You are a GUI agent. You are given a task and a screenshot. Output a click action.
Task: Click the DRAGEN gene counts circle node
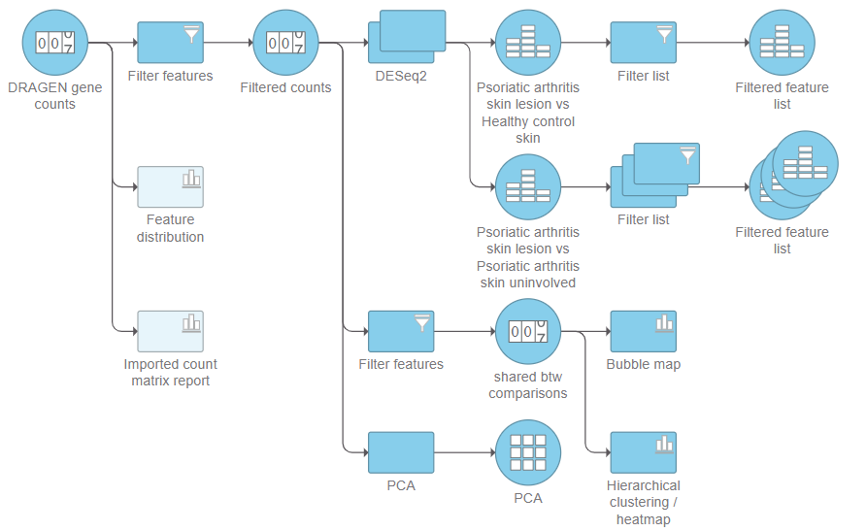coord(54,43)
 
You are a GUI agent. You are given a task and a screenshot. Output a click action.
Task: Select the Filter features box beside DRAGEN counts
coord(170,43)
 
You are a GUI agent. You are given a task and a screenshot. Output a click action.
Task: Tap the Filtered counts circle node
coord(285,43)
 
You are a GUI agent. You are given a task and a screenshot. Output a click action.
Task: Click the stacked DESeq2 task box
coord(407,43)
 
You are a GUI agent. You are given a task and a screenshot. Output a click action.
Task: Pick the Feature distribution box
coord(170,187)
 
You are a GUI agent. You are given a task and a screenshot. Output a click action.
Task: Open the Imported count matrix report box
coord(170,331)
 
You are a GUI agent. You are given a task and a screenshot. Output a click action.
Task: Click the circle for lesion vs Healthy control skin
coord(528,43)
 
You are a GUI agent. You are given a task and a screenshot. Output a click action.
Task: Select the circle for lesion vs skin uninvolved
coord(528,187)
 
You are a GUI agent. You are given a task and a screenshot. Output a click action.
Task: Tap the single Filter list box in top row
coord(643,43)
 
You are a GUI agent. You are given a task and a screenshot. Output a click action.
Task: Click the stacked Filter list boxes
coord(654,176)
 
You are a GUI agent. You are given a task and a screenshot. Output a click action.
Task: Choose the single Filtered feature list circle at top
coord(783,43)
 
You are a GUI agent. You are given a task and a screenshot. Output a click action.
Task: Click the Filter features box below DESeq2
coord(401,331)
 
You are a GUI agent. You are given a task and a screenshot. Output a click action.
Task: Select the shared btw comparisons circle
coord(528,331)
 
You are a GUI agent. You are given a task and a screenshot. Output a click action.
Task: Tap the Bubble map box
coord(643,331)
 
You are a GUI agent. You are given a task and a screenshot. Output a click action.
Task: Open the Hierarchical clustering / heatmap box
coord(643,452)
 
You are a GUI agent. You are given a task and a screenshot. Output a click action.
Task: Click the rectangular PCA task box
coord(401,452)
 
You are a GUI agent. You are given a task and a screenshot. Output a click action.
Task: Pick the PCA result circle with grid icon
coord(528,452)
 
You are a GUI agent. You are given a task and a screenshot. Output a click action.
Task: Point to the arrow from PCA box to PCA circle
coord(464,452)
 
